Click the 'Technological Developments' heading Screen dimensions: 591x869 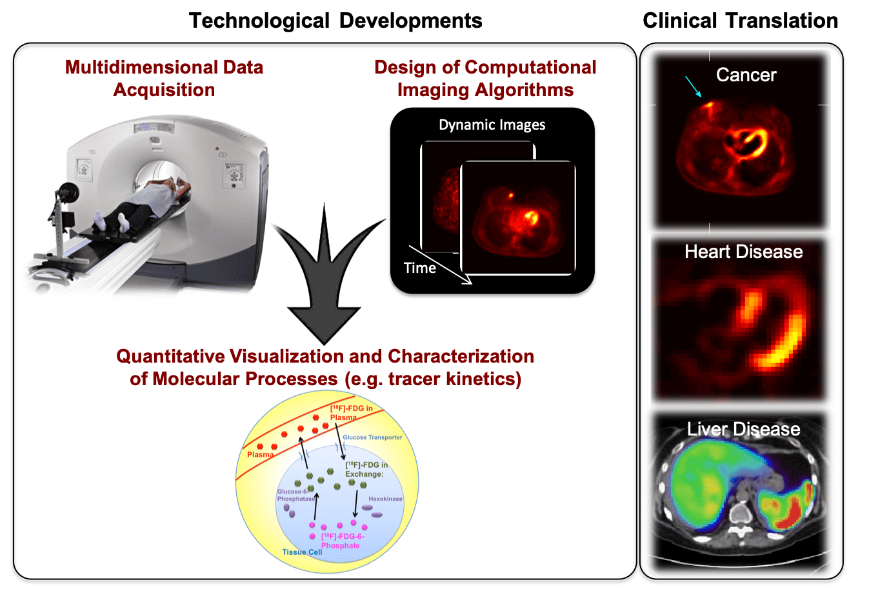(335, 21)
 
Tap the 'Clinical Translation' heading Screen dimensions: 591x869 (740, 21)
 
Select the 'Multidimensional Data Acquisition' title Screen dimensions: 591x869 (164, 78)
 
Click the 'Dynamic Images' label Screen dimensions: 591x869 (492, 125)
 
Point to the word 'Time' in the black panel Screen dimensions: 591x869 (419, 268)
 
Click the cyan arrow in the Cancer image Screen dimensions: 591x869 (693, 86)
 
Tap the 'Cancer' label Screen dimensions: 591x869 (746, 75)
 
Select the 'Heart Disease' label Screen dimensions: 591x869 (743, 252)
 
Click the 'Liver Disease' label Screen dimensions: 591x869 (743, 429)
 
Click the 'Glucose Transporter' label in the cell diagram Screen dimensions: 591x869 (372, 437)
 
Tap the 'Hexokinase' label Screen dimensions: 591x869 (385, 499)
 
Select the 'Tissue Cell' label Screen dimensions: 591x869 (302, 552)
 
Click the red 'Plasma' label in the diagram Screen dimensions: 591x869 (261, 454)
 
